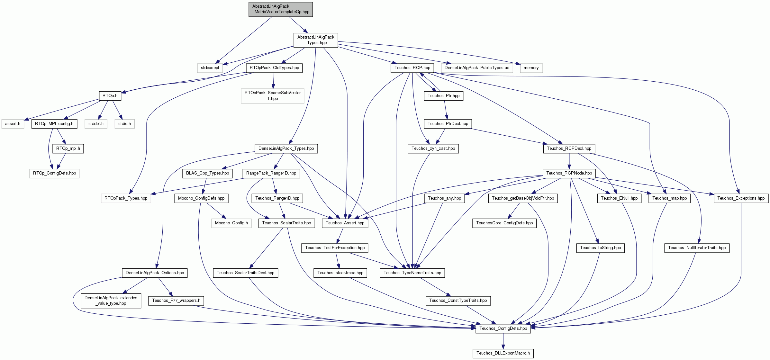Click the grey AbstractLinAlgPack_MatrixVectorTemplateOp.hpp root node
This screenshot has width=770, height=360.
[281, 9]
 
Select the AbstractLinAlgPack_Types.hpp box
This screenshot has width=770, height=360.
[316, 40]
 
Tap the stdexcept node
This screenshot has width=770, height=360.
[210, 68]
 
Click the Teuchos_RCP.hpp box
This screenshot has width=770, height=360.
[412, 68]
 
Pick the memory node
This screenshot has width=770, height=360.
[531, 68]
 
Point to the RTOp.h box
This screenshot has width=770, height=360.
[110, 96]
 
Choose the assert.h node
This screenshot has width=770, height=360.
[13, 124]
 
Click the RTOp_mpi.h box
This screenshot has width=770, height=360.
[68, 148]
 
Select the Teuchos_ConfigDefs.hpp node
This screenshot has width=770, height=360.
[503, 328]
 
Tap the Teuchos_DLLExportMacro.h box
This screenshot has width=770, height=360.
[503, 353]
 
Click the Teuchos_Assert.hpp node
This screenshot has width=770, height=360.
[345, 223]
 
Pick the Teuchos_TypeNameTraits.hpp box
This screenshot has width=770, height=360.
[412, 273]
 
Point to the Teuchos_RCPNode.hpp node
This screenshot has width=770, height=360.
[569, 173]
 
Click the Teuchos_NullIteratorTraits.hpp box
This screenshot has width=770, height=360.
[697, 248]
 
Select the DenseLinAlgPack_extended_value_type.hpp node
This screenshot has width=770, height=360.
[111, 301]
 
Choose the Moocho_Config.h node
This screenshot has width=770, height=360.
[231, 223]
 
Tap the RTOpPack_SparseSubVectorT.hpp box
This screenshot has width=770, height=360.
[273, 96]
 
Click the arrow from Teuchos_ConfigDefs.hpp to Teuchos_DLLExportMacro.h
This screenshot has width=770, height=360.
[503, 341]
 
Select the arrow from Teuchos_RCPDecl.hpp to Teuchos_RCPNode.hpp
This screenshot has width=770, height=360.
[569, 161]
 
